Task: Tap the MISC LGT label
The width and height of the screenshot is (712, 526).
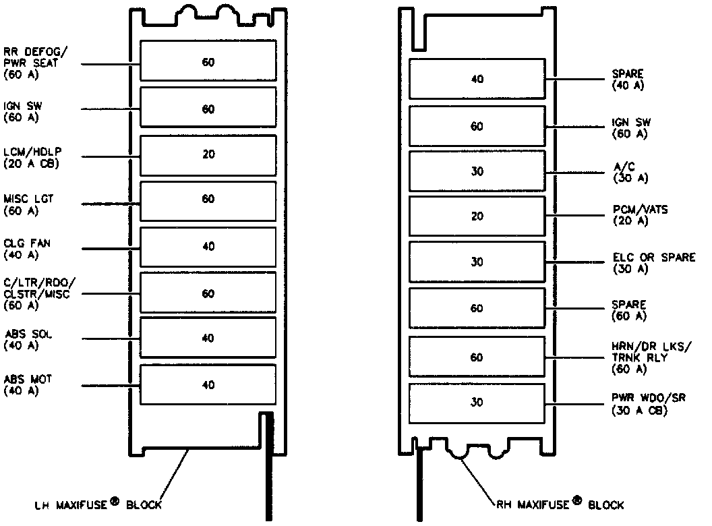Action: point(28,205)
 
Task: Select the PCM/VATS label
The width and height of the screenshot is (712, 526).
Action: point(639,216)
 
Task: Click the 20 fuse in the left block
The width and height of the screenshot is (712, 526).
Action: point(208,154)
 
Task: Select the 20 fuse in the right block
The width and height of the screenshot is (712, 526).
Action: point(477,216)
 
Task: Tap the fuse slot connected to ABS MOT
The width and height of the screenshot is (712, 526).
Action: point(208,384)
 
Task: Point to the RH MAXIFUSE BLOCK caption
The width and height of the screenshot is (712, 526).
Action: point(559,504)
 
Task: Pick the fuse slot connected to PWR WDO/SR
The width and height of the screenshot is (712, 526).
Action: point(477,403)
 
